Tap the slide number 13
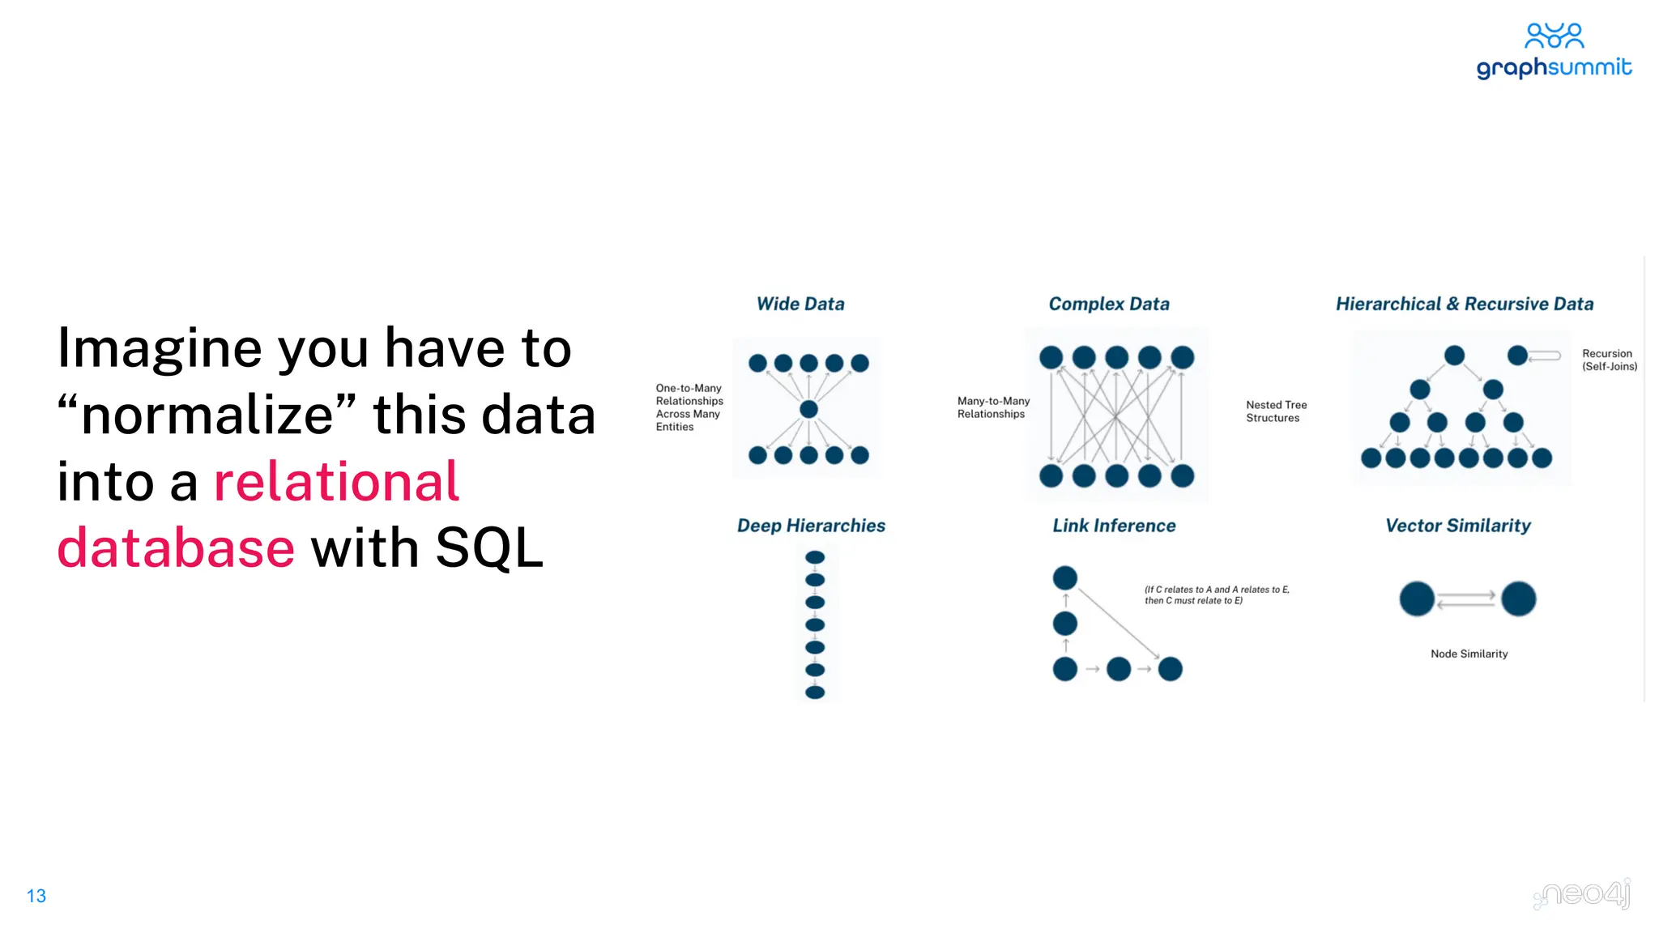click(36, 896)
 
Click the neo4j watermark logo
click(1583, 894)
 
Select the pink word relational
click(336, 481)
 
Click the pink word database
click(176, 547)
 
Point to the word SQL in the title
click(489, 547)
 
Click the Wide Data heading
click(800, 304)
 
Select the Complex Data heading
click(1109, 304)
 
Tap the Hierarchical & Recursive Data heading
click(1465, 304)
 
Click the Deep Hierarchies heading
click(811, 526)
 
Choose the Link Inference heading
click(1114, 526)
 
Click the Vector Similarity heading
click(1458, 526)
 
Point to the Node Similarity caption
click(1469, 654)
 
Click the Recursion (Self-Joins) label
click(1610, 360)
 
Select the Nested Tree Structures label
click(1276, 411)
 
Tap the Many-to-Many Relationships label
click(993, 407)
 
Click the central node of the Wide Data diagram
click(808, 409)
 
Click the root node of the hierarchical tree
click(1455, 355)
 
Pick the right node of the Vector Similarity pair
click(1518, 599)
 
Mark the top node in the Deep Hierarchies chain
click(815, 557)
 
